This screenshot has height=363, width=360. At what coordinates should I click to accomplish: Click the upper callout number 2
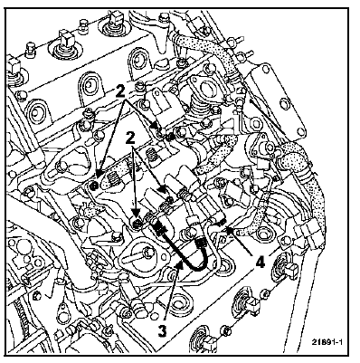pyautogui.click(x=120, y=91)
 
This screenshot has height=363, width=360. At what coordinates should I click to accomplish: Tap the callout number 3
pyautogui.click(x=163, y=331)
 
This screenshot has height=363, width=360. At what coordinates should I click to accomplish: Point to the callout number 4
pyautogui.click(x=260, y=263)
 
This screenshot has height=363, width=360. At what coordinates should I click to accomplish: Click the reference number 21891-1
pyautogui.click(x=327, y=342)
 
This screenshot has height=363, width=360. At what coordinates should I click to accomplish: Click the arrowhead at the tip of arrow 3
pyautogui.click(x=180, y=265)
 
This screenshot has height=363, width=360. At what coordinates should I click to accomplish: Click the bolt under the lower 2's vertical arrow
pyautogui.click(x=137, y=224)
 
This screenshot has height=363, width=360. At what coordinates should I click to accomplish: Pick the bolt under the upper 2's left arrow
pyautogui.click(x=93, y=186)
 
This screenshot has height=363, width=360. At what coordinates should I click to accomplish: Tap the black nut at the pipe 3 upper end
pyautogui.click(x=160, y=229)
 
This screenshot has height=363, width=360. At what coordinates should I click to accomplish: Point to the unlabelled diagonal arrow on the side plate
pyautogui.click(x=267, y=117)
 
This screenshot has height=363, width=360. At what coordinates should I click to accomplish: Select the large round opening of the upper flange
pyautogui.click(x=206, y=89)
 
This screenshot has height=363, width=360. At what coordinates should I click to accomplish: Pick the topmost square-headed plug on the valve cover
pyautogui.click(x=115, y=17)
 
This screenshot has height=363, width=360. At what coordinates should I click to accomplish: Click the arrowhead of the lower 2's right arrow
pyautogui.click(x=163, y=189)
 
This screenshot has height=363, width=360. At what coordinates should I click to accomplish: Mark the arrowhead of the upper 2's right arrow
pyautogui.click(x=155, y=126)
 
